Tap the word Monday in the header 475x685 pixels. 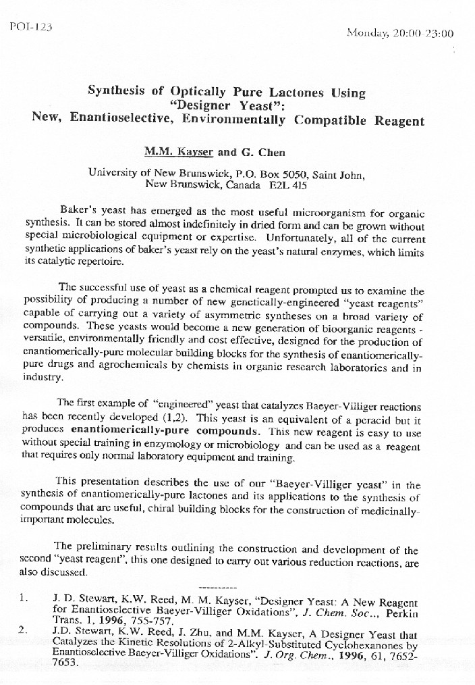pyautogui.click(x=365, y=32)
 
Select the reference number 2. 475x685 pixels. pyautogui.click(x=23, y=630)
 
